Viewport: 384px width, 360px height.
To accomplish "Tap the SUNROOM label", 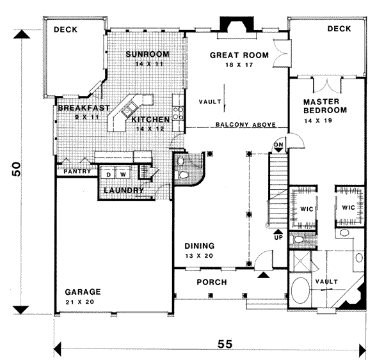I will [x=145, y=54].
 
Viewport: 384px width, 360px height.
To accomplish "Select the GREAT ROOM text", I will [x=239, y=56].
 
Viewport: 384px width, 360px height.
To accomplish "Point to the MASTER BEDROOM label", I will [x=324, y=106].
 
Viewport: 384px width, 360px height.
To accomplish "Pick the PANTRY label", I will [x=75, y=171].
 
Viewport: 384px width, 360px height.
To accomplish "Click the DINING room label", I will [x=200, y=246].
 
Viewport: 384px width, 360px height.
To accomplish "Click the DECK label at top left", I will [x=66, y=29].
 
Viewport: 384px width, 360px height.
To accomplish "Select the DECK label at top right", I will [x=339, y=29].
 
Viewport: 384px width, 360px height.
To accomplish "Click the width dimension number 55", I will [x=224, y=343].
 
